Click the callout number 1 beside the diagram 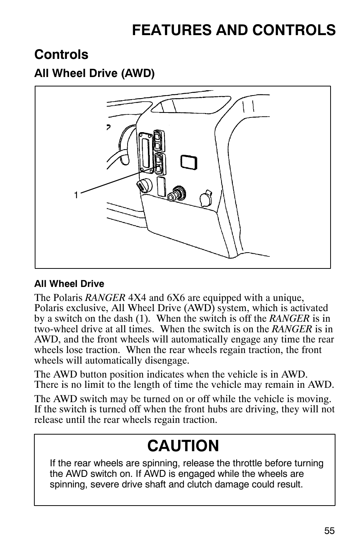(76, 195)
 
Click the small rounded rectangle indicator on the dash (189, 162)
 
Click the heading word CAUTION (183, 446)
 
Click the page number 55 (329, 530)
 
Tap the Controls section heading (61, 55)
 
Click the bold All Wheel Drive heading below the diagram (69, 284)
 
